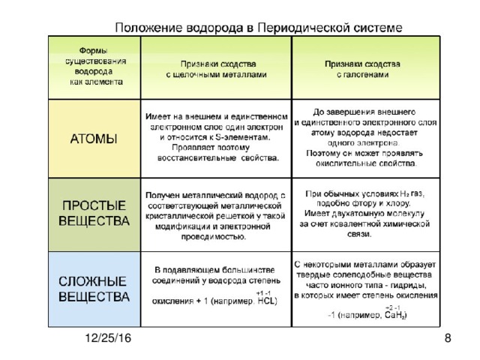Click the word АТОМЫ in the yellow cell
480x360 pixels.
93,139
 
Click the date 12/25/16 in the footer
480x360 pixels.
106,340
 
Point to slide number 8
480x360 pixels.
447,340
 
